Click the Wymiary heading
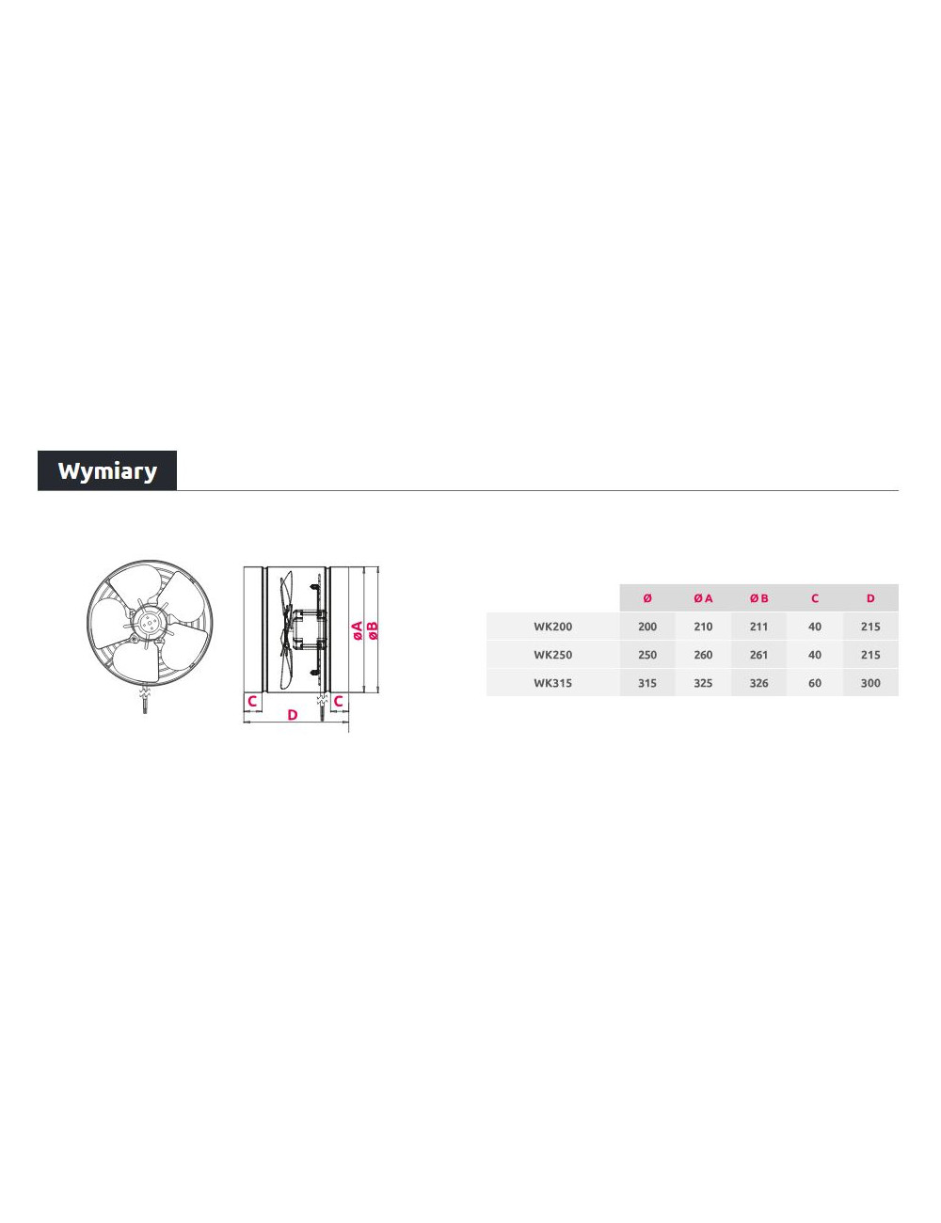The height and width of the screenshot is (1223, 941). pyautogui.click(x=107, y=470)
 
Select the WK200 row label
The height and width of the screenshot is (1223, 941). pyautogui.click(x=552, y=627)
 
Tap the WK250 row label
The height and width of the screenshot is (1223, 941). pyautogui.click(x=552, y=655)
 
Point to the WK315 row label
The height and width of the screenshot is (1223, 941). pyautogui.click(x=552, y=683)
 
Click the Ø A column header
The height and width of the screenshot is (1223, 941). pyautogui.click(x=703, y=598)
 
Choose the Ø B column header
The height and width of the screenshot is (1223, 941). pyautogui.click(x=758, y=598)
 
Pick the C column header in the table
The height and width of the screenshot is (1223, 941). pyautogui.click(x=814, y=598)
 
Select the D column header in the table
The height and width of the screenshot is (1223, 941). pyautogui.click(x=870, y=598)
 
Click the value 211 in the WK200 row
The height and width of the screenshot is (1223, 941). pyautogui.click(x=758, y=627)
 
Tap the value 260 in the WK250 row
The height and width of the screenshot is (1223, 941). pyautogui.click(x=703, y=655)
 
